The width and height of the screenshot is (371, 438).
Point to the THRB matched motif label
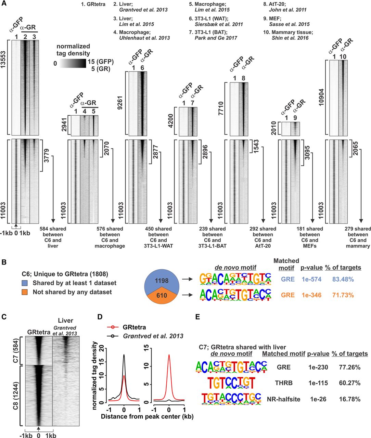click(283, 383)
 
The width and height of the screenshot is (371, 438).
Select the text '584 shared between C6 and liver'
click(53, 237)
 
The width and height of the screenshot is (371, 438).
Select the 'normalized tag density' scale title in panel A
click(73, 50)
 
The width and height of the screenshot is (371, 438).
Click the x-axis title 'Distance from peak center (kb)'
click(147, 416)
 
